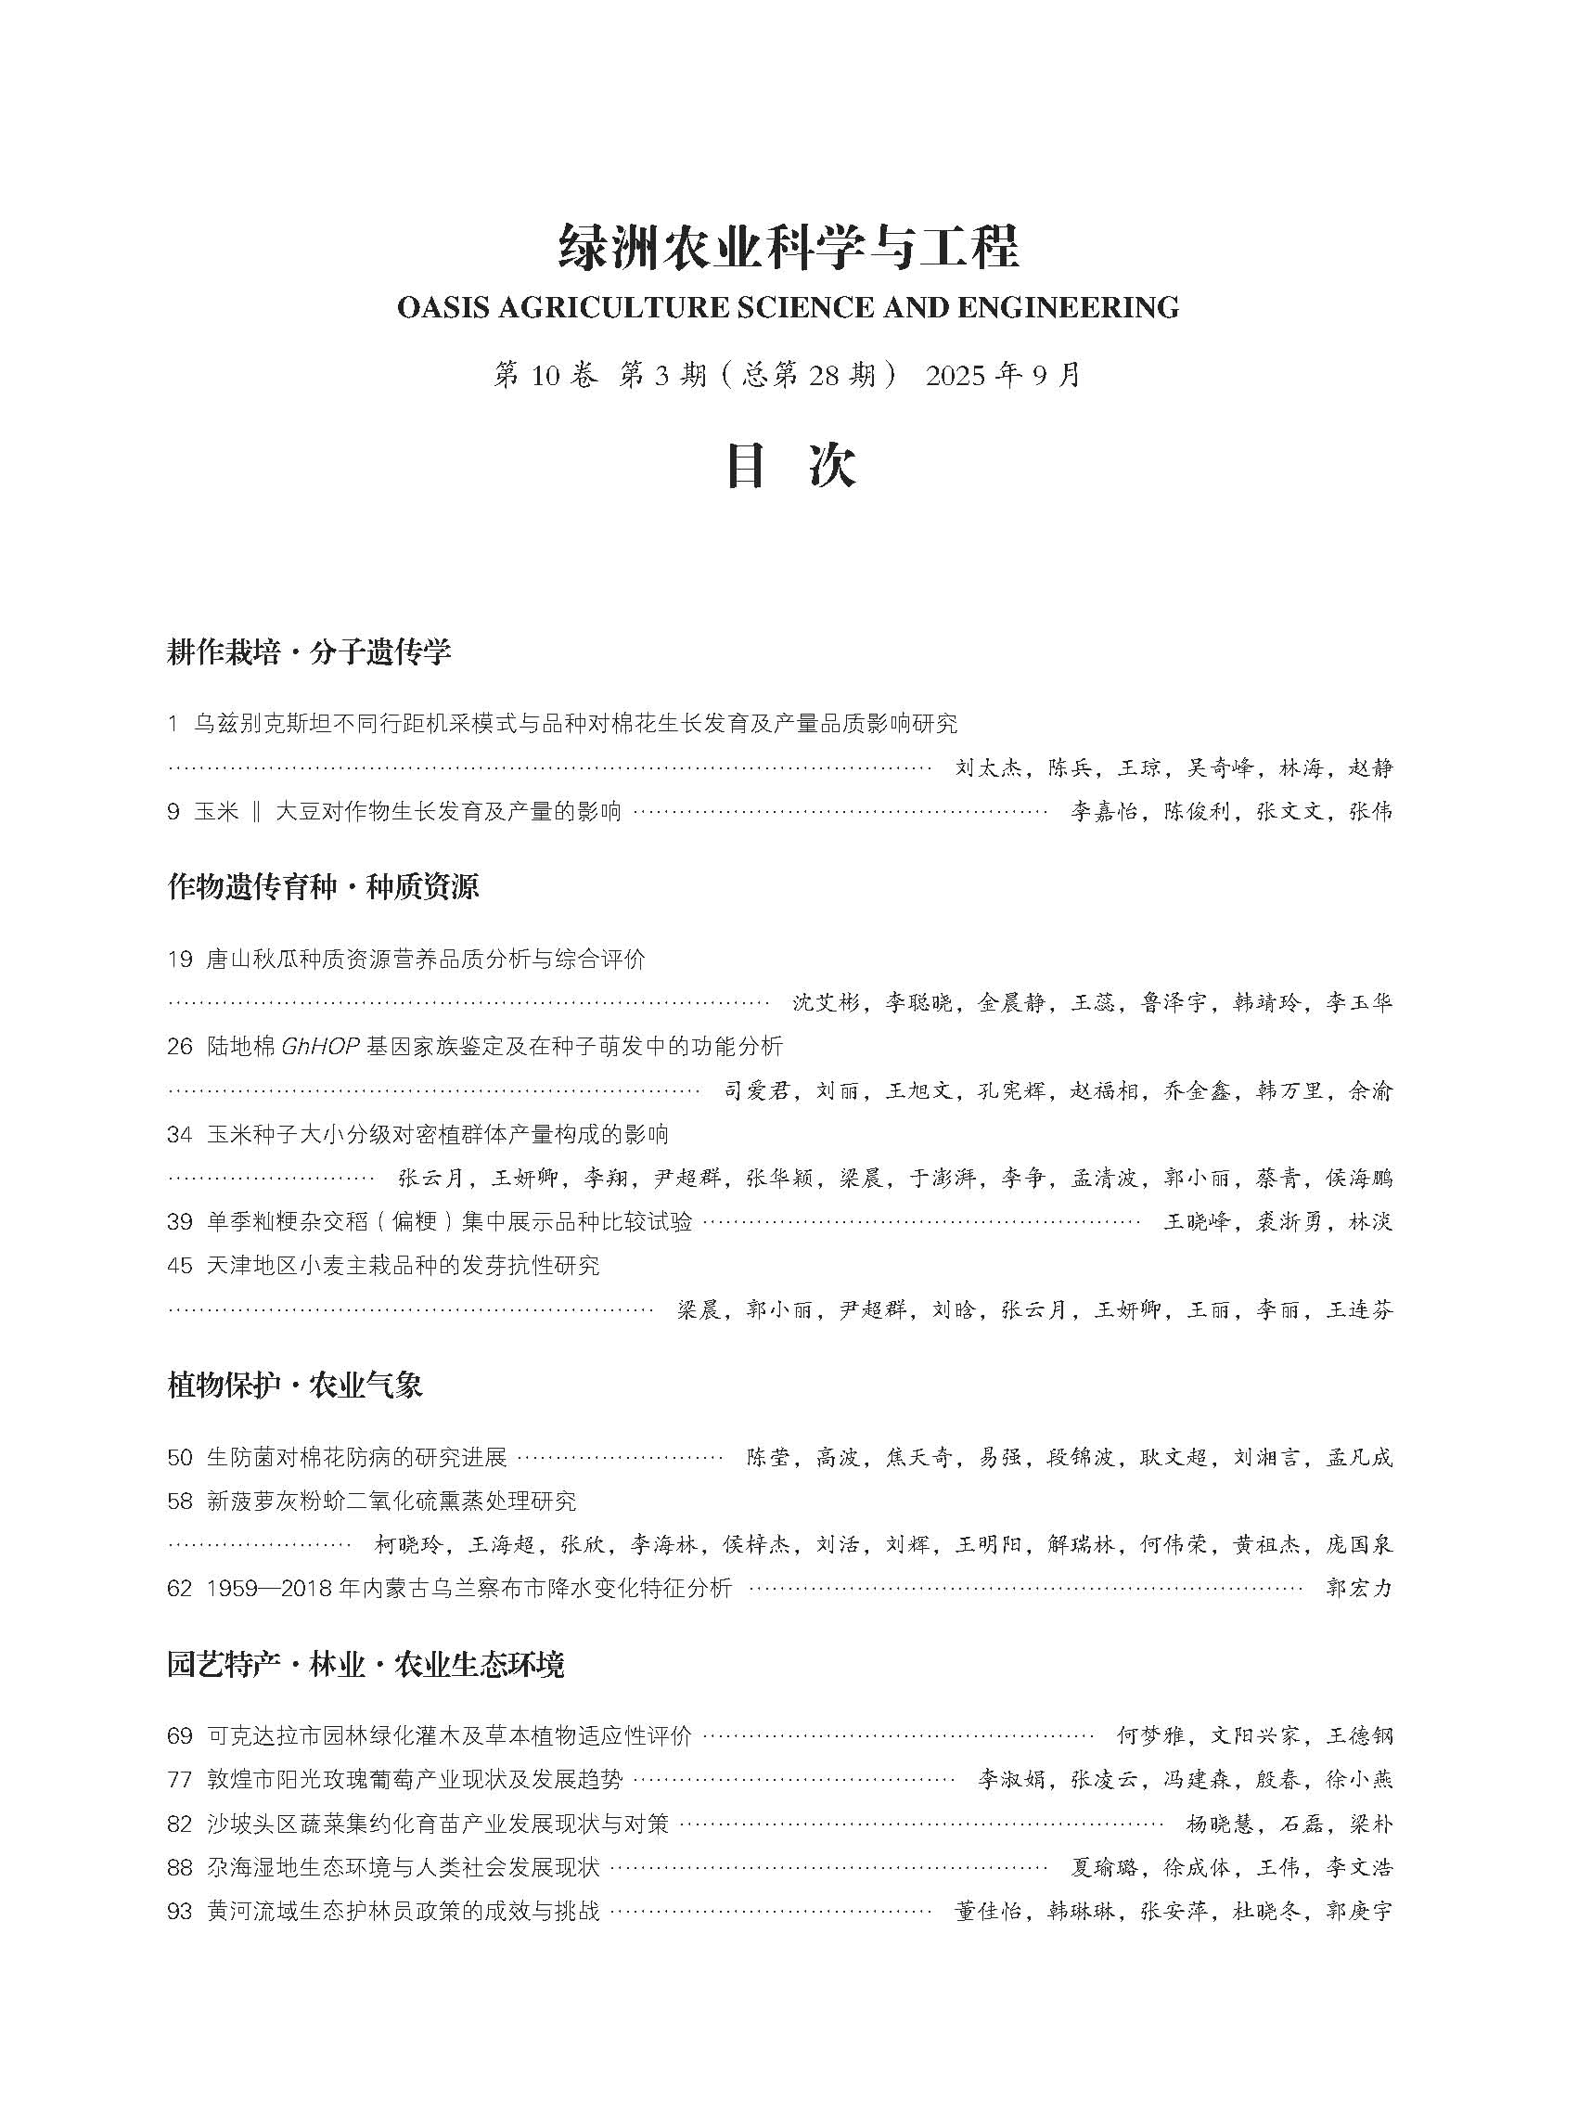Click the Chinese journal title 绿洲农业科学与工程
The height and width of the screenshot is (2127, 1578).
point(788,248)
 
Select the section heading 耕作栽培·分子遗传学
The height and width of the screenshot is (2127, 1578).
point(309,652)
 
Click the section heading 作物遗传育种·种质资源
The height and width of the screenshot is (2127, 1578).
point(323,887)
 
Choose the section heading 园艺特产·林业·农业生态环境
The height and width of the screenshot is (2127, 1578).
point(365,1666)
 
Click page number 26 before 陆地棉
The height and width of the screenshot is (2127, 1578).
point(180,1046)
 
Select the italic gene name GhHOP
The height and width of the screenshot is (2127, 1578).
point(320,1046)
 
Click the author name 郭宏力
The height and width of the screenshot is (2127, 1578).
point(1359,1588)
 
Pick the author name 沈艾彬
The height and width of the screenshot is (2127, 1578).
point(827,1002)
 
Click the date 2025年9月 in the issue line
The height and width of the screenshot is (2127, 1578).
point(1002,376)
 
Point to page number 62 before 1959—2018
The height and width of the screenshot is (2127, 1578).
point(180,1588)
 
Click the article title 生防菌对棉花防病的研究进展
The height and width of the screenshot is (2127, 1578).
point(356,1457)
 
